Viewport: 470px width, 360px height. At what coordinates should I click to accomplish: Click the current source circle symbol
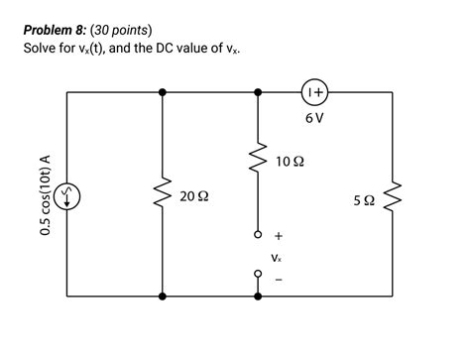tap(66, 196)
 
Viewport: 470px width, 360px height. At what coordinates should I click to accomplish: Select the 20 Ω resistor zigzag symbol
tap(162, 196)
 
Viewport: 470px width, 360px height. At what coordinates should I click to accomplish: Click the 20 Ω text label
tap(194, 196)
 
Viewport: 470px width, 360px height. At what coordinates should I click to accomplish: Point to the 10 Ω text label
tap(291, 161)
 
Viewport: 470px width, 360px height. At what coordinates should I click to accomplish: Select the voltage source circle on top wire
tap(316, 92)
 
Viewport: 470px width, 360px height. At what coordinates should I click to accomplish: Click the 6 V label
tap(316, 117)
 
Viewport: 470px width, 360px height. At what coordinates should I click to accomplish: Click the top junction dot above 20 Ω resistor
tap(162, 92)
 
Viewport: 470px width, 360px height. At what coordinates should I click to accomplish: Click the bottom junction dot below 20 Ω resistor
tap(162, 296)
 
